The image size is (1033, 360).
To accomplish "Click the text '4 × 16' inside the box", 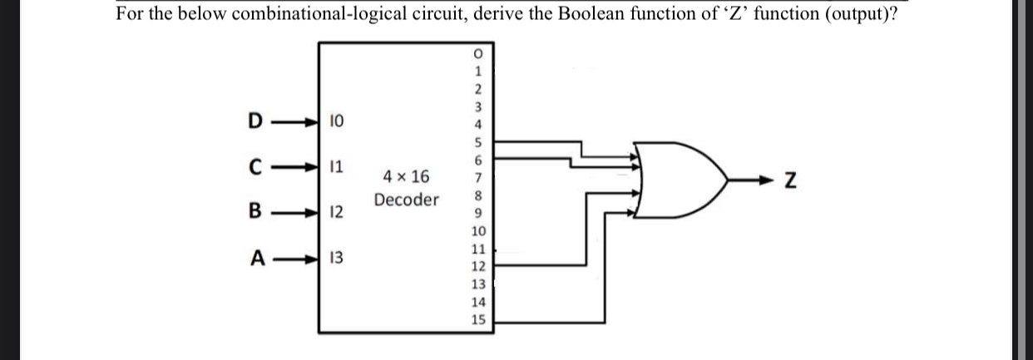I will [x=406, y=176].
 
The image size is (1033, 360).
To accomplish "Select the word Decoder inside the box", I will [x=406, y=200].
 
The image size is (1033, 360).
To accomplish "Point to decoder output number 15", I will [x=478, y=319].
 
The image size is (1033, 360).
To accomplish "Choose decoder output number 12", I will [x=478, y=266].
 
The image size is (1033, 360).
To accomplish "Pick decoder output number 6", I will [x=478, y=160].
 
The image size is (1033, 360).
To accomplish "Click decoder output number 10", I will [x=478, y=231].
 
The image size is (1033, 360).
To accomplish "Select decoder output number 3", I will [x=478, y=106].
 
